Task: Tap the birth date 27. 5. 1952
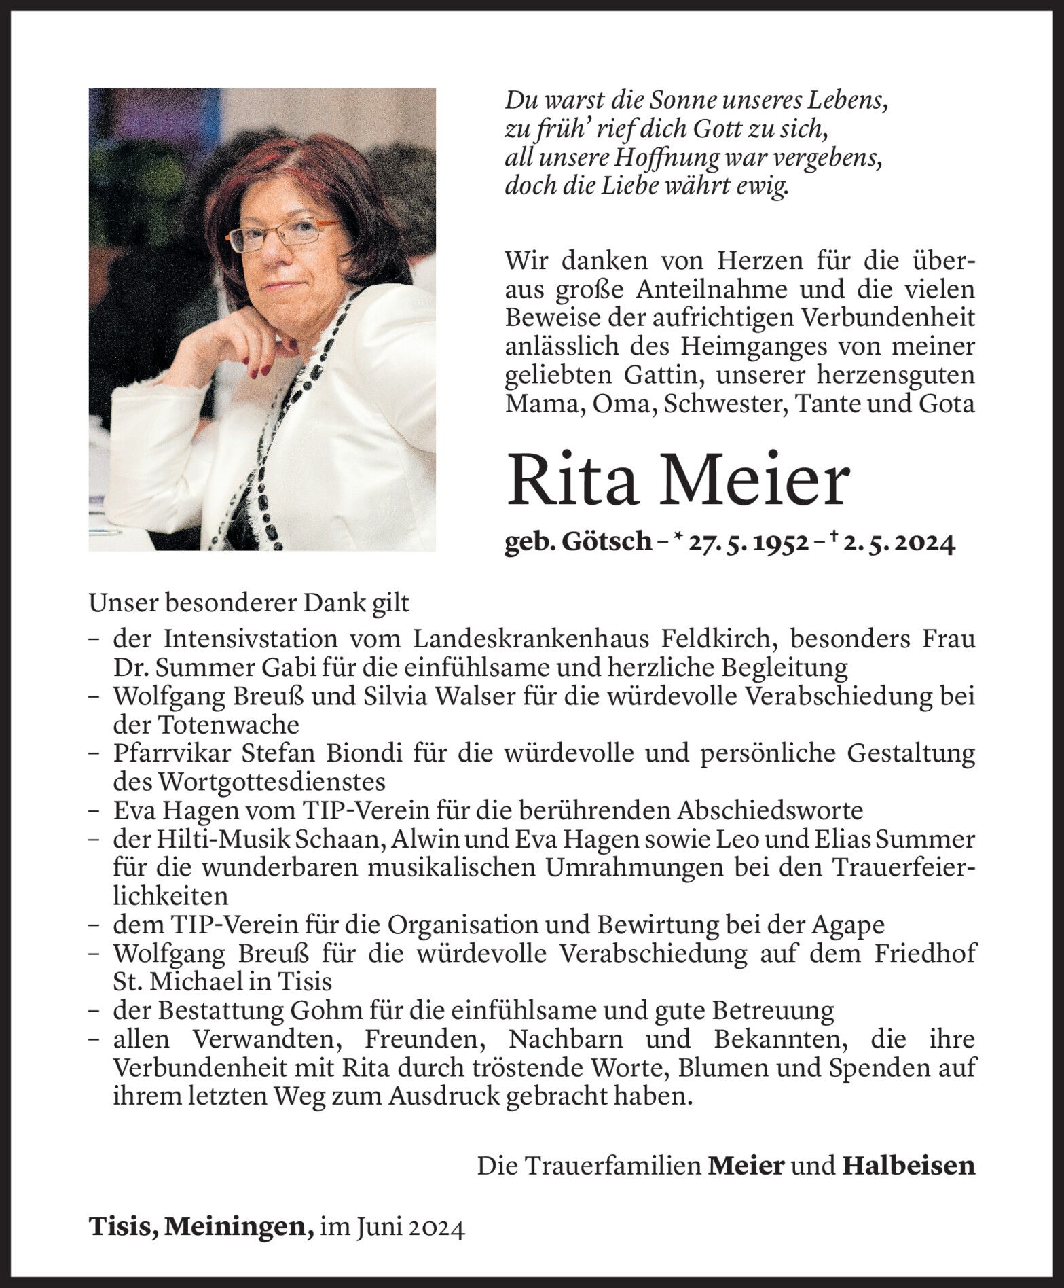tap(748, 542)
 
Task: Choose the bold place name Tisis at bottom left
tap(121, 1227)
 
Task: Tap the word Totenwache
tap(229, 725)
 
